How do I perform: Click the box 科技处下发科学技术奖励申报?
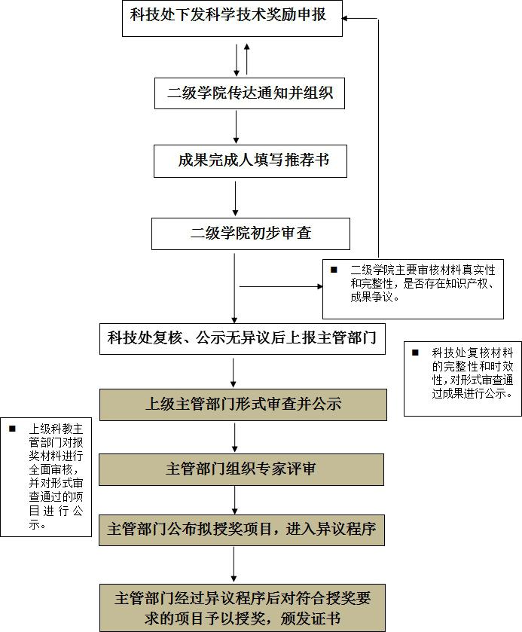click(x=232, y=19)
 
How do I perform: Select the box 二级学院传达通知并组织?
click(x=249, y=93)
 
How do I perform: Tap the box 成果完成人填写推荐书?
click(x=250, y=160)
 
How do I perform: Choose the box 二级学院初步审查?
click(x=251, y=234)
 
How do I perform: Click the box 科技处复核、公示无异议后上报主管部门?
click(x=243, y=338)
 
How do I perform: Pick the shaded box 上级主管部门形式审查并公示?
click(x=243, y=405)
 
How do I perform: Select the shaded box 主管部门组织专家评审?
click(x=241, y=469)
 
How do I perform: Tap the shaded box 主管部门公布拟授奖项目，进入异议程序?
click(x=242, y=530)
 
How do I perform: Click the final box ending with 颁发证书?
click(x=243, y=608)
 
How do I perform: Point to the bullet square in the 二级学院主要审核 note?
click(x=334, y=270)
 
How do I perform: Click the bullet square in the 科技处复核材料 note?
click(x=415, y=353)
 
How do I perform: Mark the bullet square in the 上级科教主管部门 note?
click(x=12, y=429)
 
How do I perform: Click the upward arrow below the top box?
click(x=247, y=59)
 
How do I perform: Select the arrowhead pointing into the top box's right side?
click(x=344, y=18)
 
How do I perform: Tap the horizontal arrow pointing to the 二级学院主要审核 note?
click(x=281, y=286)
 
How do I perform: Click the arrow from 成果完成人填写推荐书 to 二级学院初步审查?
click(x=236, y=198)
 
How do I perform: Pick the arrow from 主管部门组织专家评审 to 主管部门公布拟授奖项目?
click(x=234, y=499)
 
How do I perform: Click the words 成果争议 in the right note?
click(x=371, y=298)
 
